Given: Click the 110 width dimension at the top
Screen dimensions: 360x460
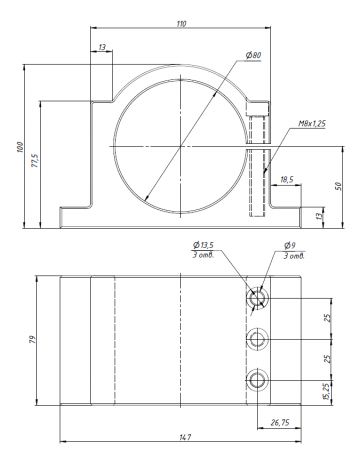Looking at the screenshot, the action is [181, 24].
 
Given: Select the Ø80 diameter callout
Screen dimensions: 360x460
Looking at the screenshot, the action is [253, 55].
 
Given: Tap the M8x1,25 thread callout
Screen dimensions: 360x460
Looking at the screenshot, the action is [312, 124].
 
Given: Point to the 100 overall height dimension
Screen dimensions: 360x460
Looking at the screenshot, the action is [20, 147].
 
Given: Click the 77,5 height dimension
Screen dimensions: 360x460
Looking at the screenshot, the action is [36, 160].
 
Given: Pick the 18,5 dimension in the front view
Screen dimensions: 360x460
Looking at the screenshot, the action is [287, 180].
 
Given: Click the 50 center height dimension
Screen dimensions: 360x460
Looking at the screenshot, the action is [338, 186].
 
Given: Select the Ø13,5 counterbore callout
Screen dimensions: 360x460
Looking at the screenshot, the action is [203, 245].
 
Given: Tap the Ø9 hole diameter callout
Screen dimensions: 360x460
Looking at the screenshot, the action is [289, 246].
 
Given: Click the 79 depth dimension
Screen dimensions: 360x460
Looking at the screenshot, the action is [32, 340].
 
